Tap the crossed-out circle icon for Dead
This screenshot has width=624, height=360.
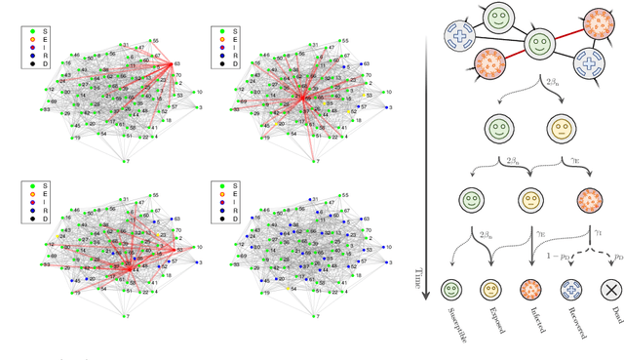[x=609, y=290]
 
